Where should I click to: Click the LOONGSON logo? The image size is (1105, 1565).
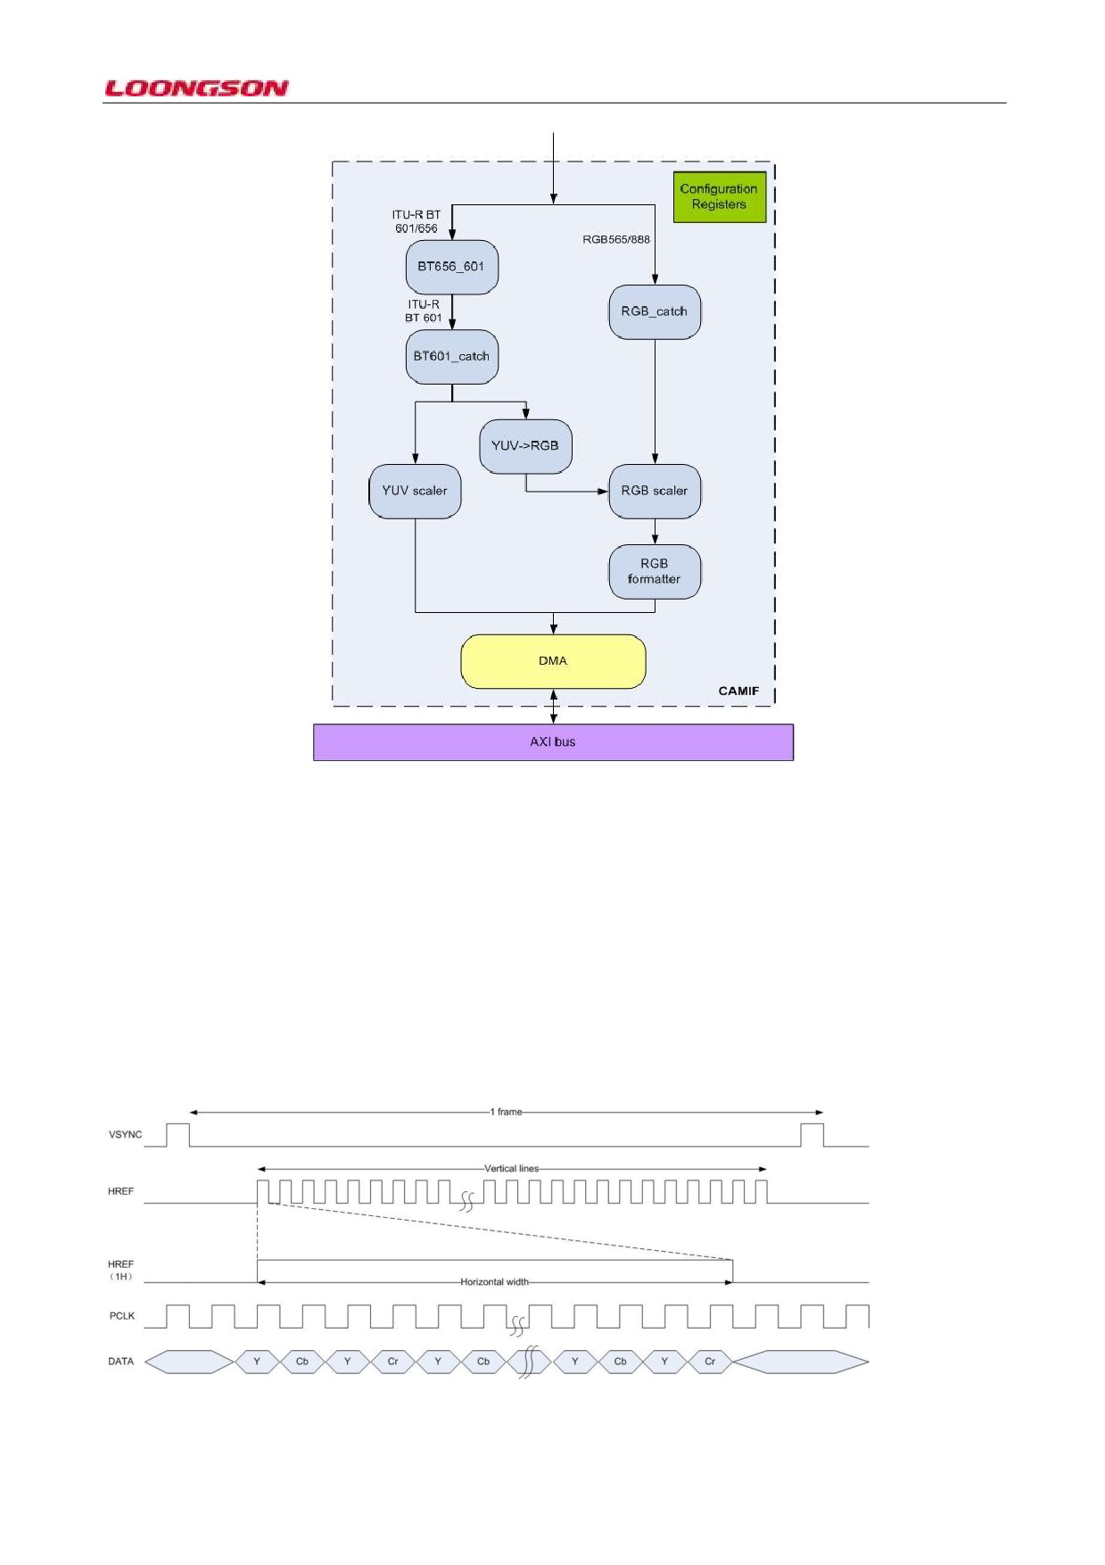(196, 87)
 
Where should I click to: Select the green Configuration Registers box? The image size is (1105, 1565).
(719, 196)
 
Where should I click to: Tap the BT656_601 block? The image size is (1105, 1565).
(451, 267)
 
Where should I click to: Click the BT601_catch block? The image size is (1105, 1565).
(451, 357)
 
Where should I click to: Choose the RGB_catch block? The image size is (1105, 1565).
(655, 311)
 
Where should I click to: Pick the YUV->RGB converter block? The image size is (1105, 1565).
(525, 446)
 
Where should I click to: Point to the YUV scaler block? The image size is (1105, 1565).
(415, 491)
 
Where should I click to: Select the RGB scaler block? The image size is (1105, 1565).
(655, 491)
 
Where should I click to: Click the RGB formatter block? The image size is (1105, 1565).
(655, 571)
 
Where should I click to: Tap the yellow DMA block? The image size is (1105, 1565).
(553, 661)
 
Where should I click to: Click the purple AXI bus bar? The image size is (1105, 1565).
(553, 741)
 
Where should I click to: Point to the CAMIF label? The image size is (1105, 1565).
(738, 691)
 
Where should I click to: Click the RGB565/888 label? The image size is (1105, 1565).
(616, 239)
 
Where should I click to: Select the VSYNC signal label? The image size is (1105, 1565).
(125, 1135)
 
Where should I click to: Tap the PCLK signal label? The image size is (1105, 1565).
(122, 1316)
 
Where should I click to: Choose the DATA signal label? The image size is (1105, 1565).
(121, 1362)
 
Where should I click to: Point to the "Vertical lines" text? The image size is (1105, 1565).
(512, 1168)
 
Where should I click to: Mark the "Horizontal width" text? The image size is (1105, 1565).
(495, 1282)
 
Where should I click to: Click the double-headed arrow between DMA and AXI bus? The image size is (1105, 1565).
(554, 706)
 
